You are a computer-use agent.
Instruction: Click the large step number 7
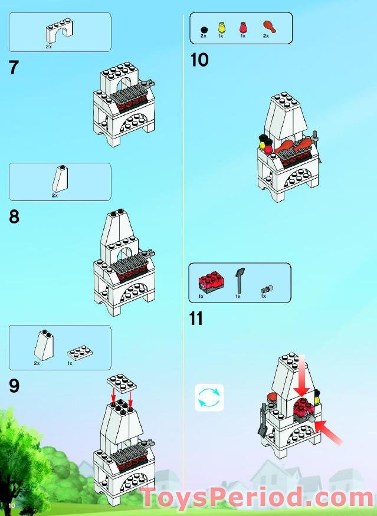coord(14,67)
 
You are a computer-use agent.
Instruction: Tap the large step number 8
coord(14,217)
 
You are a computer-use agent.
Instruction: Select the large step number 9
coord(14,386)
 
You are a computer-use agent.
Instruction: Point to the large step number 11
coord(196,318)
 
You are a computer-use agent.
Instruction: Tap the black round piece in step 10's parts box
coord(203,29)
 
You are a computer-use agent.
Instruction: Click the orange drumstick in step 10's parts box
coord(268,27)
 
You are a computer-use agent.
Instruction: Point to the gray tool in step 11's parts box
coord(240,280)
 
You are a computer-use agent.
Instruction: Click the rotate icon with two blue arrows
coord(209,397)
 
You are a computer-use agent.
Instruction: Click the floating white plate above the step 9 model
coord(122,382)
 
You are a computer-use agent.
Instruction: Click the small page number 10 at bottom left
coord(11,506)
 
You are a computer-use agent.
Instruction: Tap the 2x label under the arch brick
coord(49,46)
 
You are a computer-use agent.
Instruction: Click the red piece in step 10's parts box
coord(242,27)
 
